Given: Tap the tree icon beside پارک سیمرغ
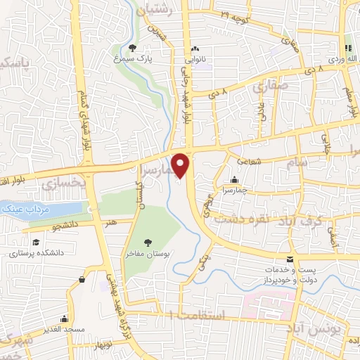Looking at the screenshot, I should [134, 49].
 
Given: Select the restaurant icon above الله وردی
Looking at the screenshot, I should [346, 48].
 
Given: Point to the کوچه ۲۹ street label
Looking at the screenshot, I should [234, 14].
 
